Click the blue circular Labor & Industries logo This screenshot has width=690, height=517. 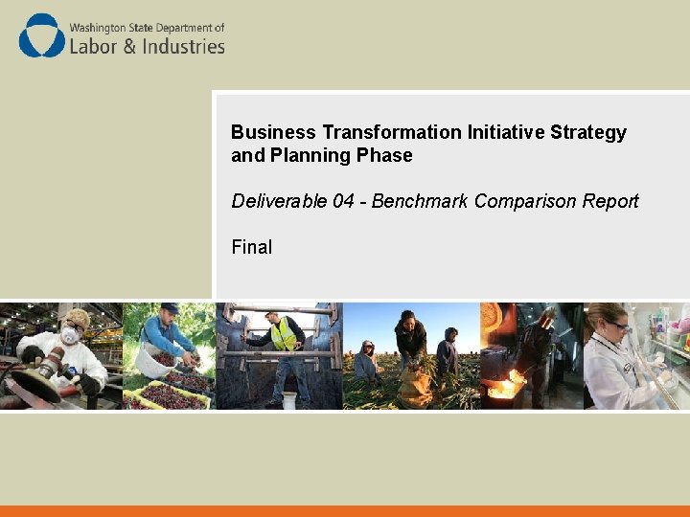(42, 36)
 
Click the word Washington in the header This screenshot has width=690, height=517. (102, 29)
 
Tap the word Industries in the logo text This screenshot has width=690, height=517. (183, 46)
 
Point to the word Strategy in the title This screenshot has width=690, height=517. (588, 132)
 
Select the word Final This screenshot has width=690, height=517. (251, 247)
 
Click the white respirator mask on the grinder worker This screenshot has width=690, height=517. (70, 336)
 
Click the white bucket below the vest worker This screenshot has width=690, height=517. (288, 398)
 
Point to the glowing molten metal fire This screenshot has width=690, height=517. (502, 388)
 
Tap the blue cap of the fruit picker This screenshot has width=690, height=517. (170, 307)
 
